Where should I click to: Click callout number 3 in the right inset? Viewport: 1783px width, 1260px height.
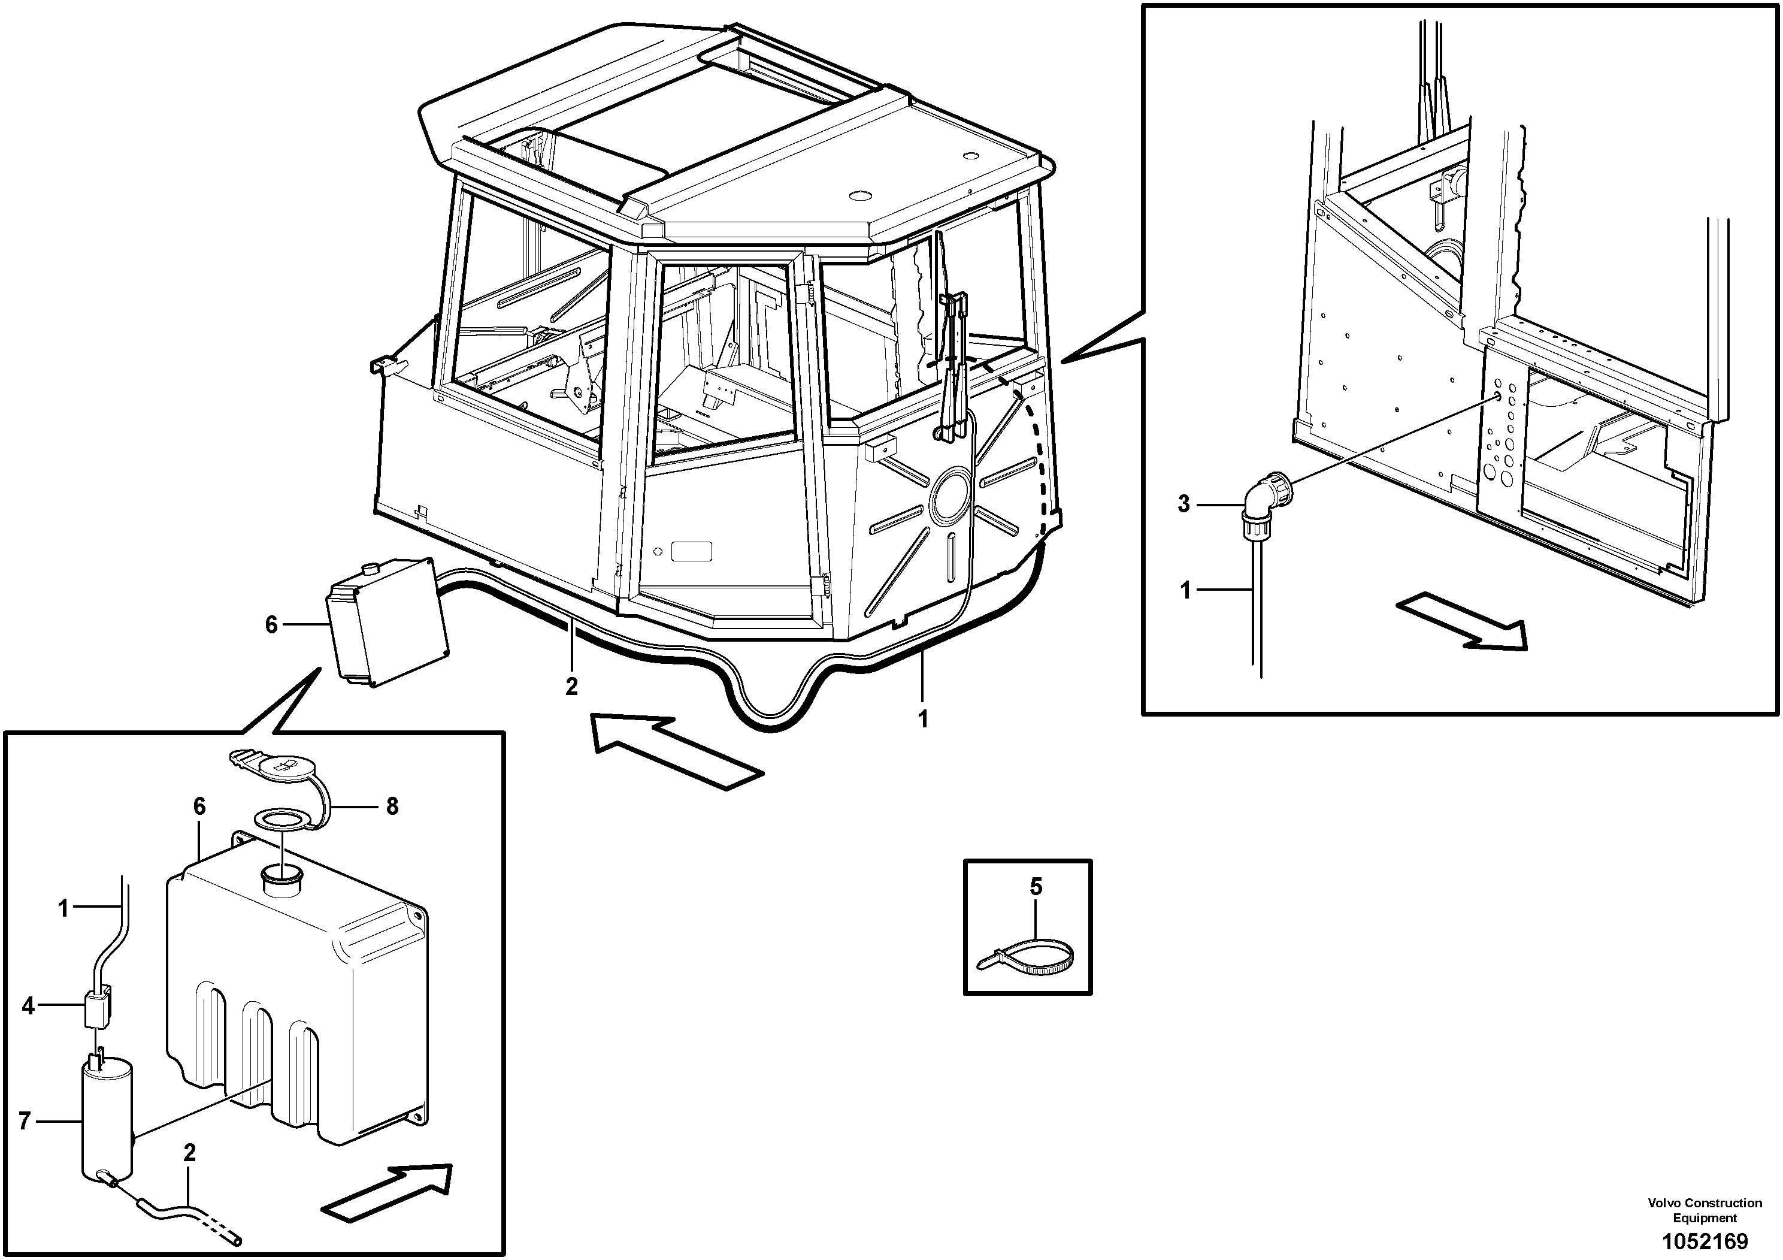point(1183,504)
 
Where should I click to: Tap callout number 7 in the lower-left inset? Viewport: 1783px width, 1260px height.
point(25,1121)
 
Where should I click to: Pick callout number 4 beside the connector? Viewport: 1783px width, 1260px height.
point(29,1007)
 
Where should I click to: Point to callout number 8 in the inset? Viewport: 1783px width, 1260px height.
point(392,807)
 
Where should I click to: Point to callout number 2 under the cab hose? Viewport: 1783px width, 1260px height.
point(571,687)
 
